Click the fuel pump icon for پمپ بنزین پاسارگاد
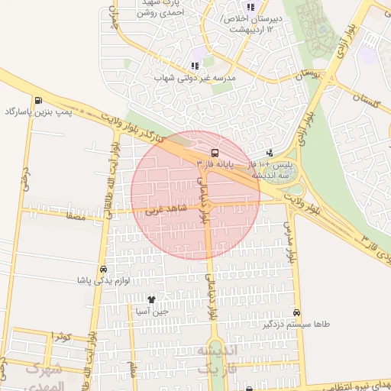[37, 101]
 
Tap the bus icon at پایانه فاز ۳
[215, 153]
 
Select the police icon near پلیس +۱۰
[269, 153]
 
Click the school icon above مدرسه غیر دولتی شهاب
[194, 66]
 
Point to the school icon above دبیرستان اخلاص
[250, 8]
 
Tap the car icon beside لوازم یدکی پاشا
[102, 270]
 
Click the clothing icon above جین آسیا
[151, 300]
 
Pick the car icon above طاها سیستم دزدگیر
[296, 312]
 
